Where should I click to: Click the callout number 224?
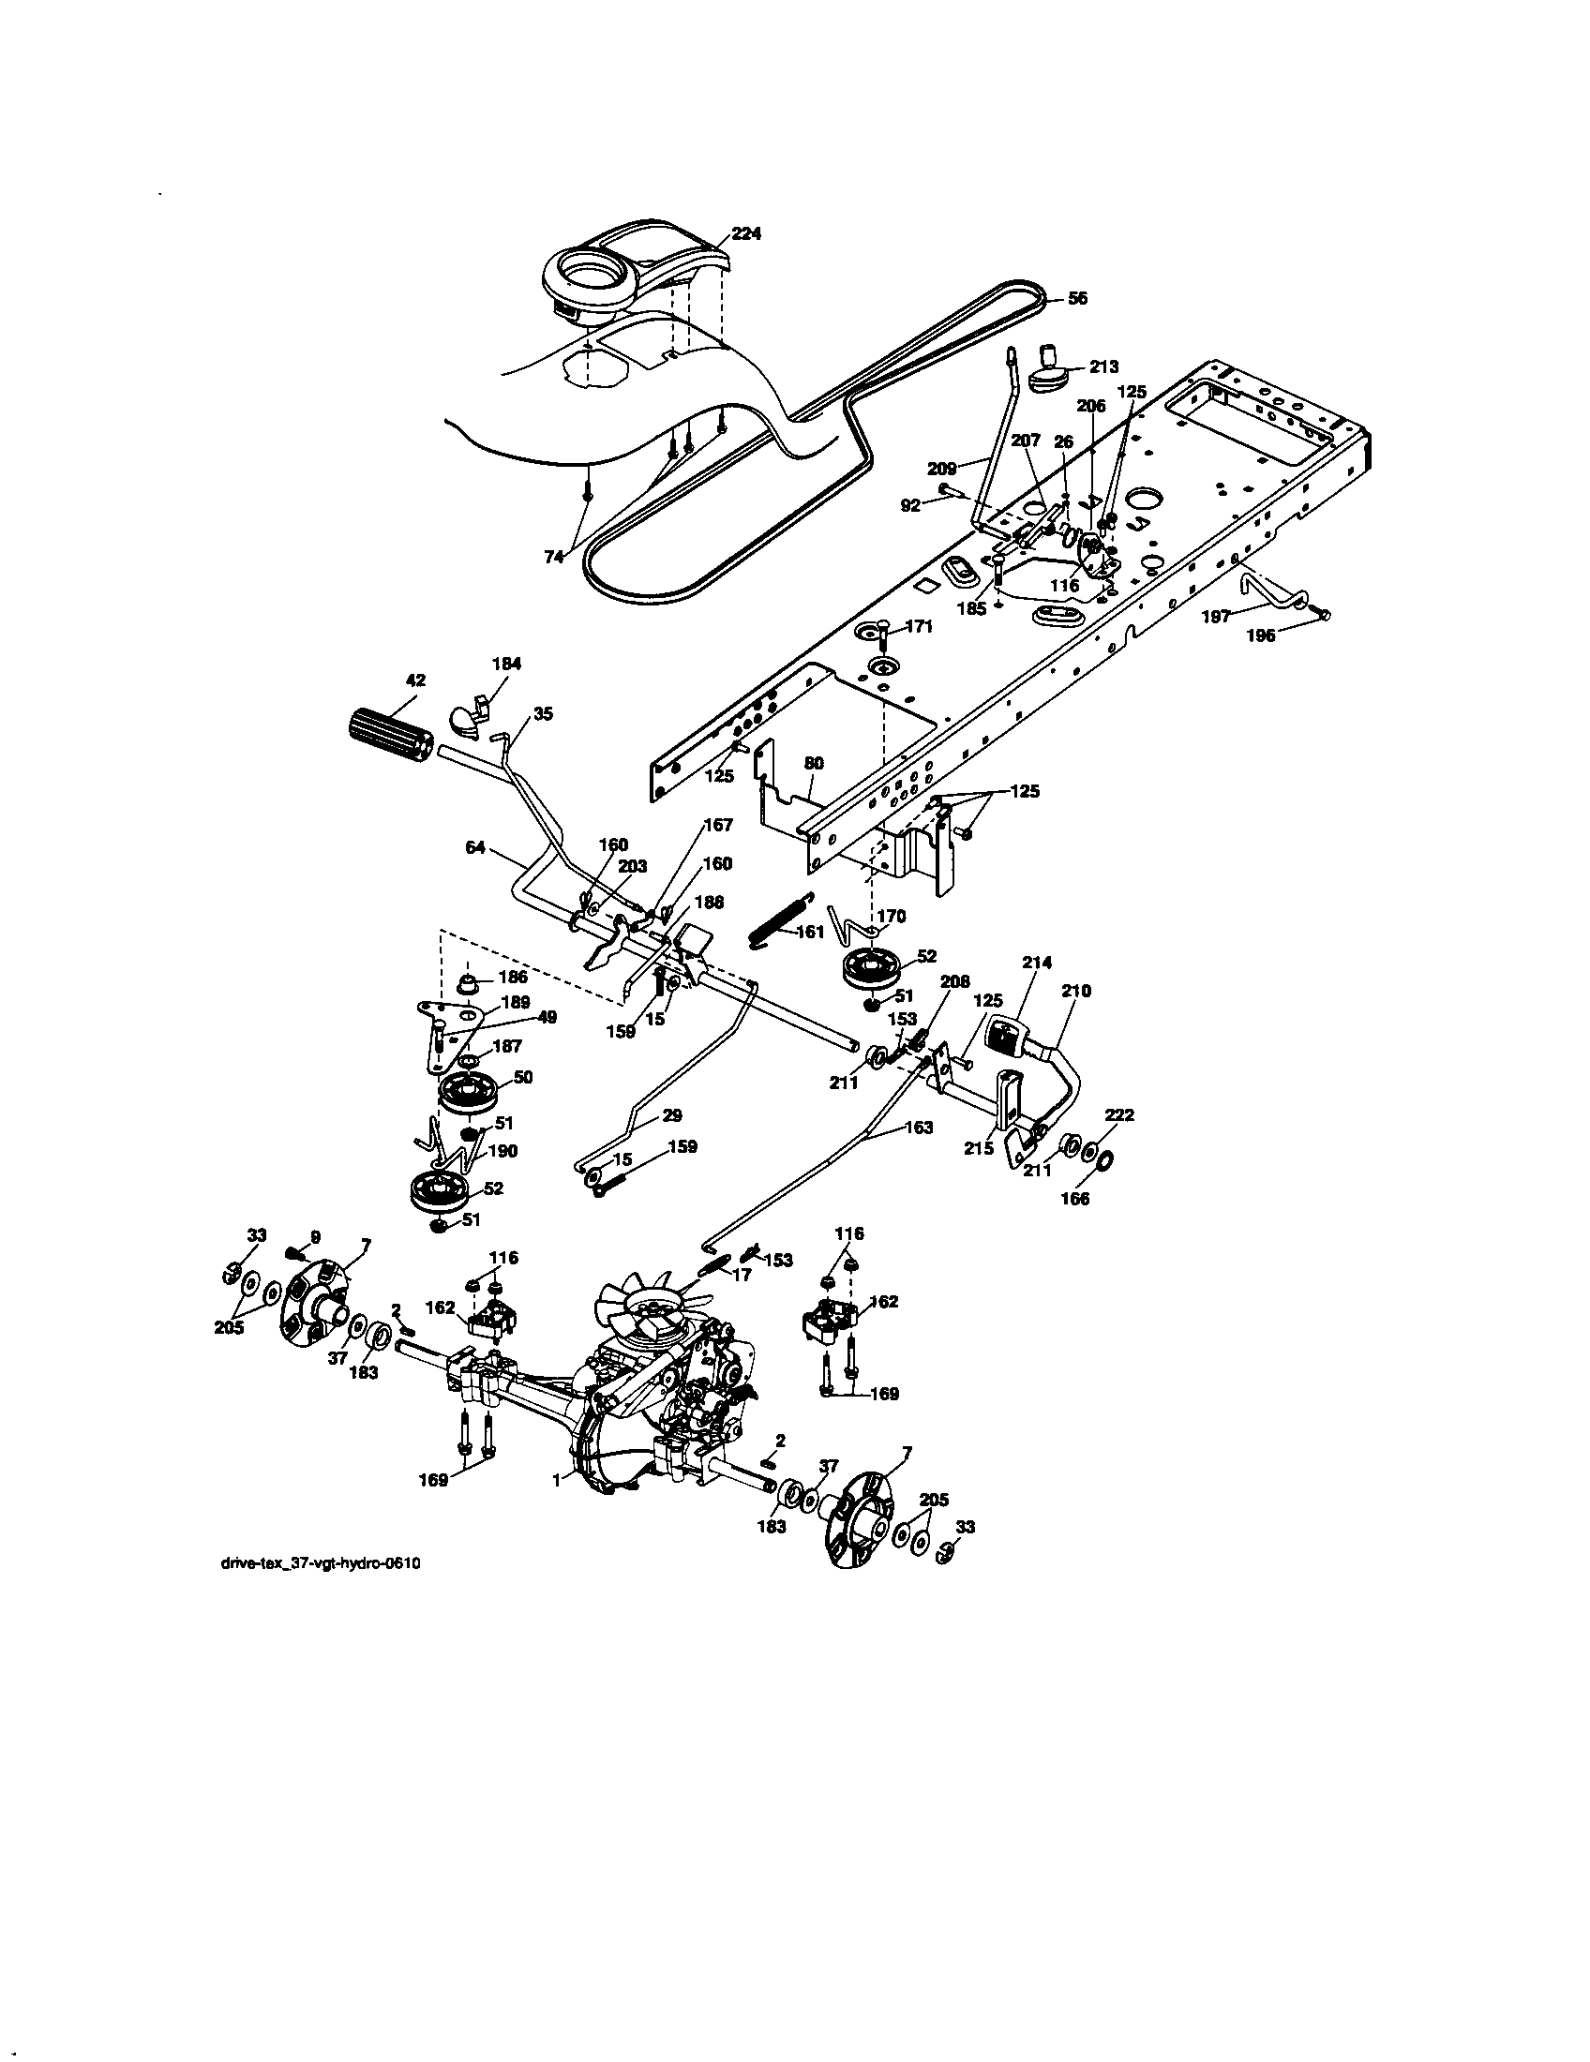point(746,233)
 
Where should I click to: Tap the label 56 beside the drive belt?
point(1077,298)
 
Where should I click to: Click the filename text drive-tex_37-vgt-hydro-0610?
point(319,1563)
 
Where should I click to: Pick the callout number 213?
point(1102,366)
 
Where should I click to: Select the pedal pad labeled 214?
point(1007,1035)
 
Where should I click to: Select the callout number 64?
point(475,848)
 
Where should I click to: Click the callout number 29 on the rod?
point(671,1115)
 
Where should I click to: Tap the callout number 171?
point(919,626)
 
